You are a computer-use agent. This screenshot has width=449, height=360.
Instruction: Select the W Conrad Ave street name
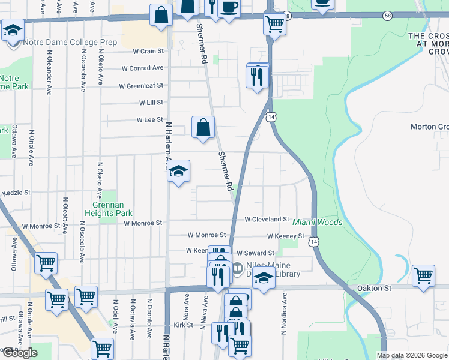pyautogui.click(x=142, y=68)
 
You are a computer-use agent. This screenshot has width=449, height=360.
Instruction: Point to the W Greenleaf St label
pyautogui.click(x=140, y=86)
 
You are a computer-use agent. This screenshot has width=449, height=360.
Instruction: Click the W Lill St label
pyautogui.click(x=151, y=103)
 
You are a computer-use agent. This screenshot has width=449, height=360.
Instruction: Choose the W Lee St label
pyautogui.click(x=150, y=120)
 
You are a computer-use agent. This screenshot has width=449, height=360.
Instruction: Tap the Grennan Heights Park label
pyautogui.click(x=115, y=208)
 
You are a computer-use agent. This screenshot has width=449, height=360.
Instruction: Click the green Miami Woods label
pyautogui.click(x=318, y=223)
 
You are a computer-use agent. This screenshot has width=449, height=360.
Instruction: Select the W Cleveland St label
pyautogui.click(x=267, y=219)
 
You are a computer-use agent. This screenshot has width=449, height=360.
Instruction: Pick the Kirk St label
pyautogui.click(x=182, y=325)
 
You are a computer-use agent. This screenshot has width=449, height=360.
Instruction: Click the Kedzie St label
pyautogui.click(x=16, y=193)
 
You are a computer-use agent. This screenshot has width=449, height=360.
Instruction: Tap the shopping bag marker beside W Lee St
pyautogui.click(x=203, y=127)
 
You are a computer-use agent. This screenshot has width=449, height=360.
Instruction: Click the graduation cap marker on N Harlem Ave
pyautogui.click(x=178, y=172)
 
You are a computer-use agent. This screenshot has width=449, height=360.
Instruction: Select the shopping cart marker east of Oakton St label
pyautogui.click(x=423, y=275)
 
